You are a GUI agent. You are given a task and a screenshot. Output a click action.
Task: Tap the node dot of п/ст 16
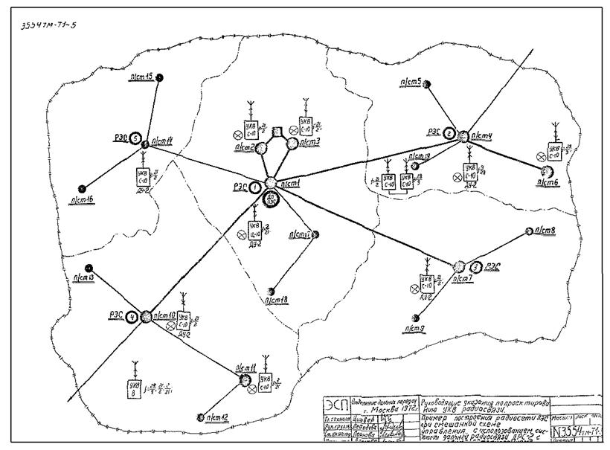coord(83,188)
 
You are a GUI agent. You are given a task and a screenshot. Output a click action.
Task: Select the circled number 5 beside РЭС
coord(135,138)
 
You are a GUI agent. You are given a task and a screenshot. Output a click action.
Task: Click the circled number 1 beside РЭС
coord(254,187)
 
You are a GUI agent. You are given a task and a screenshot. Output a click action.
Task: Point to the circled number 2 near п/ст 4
coord(450,134)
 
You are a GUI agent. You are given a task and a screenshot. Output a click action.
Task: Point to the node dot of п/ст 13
coord(89,267)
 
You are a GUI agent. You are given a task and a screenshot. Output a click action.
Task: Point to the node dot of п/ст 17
coord(315,234)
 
